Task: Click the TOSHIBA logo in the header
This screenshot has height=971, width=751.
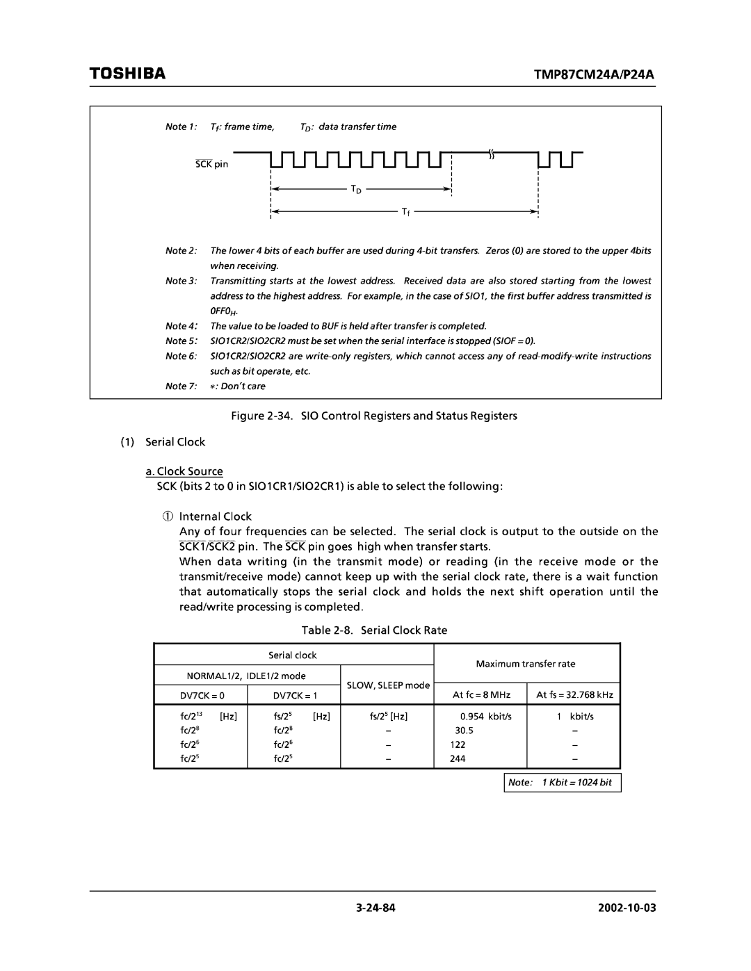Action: pyautogui.click(x=127, y=73)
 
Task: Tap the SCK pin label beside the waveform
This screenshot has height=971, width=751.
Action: pyautogui.click(x=211, y=165)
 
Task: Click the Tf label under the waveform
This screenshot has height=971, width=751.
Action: pyautogui.click(x=406, y=212)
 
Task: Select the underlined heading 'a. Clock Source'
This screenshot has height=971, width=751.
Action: pyautogui.click(x=184, y=471)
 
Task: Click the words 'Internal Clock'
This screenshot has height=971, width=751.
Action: pyautogui.click(x=215, y=516)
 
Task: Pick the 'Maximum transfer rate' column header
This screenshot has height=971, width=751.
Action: pyautogui.click(x=526, y=664)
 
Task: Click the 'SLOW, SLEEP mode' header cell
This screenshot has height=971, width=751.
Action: pyautogui.click(x=388, y=685)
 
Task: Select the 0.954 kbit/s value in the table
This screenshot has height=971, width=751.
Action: pyautogui.click(x=485, y=716)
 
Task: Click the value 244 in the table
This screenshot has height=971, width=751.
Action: pyautogui.click(x=458, y=758)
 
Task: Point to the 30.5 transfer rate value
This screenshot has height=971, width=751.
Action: pyautogui.click(x=464, y=731)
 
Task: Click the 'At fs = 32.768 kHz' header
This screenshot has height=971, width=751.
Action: pyautogui.click(x=574, y=695)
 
